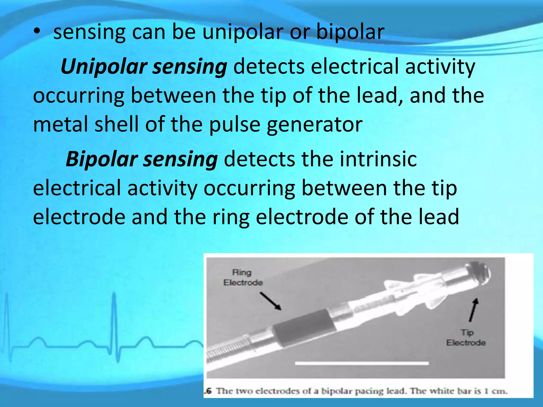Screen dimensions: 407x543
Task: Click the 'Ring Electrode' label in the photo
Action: [x=243, y=277]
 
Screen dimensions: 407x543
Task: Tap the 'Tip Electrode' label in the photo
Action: [x=466, y=338]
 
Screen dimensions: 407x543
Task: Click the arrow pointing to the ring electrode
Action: [x=271, y=301]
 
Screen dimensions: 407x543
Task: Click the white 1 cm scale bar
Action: [x=362, y=363]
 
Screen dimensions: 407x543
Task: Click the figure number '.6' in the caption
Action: [x=208, y=391]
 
